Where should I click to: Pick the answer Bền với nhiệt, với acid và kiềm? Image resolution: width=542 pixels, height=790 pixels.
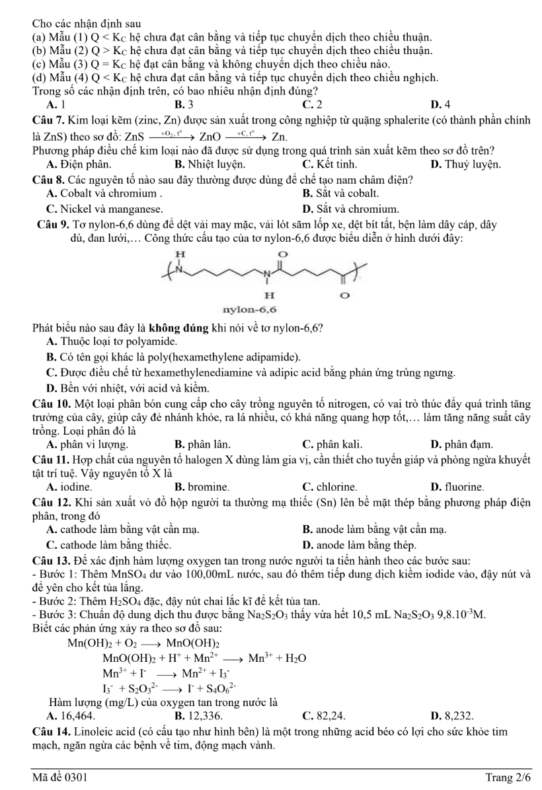130,386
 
